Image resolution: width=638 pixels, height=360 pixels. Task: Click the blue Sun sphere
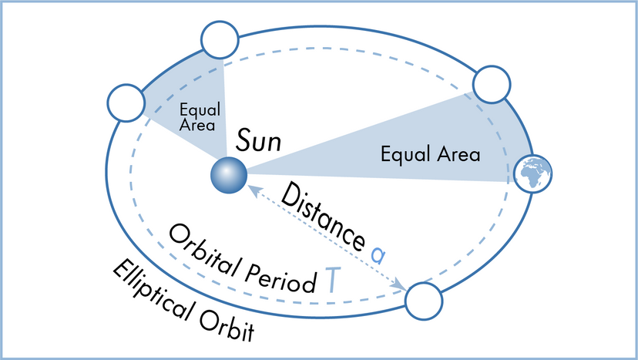click(x=229, y=174)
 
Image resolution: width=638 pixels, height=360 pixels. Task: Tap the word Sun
click(x=259, y=141)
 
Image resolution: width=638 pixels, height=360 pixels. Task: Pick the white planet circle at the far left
click(x=127, y=102)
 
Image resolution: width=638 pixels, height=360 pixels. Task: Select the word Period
click(x=281, y=271)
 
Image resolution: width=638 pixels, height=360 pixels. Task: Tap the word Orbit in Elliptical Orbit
click(x=227, y=327)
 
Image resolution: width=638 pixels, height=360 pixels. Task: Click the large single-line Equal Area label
click(x=430, y=154)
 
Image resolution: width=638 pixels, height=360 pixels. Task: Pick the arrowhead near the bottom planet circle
click(x=401, y=287)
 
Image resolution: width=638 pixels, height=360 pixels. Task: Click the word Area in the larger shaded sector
click(x=458, y=154)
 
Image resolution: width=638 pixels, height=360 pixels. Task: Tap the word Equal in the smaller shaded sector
click(x=193, y=109)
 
